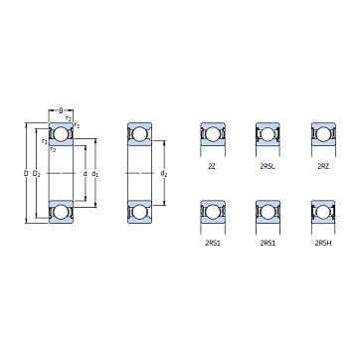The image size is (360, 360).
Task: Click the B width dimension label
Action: [61, 110]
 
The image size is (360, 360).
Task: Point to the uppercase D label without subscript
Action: [26, 173]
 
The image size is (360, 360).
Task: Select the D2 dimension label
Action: [37, 173]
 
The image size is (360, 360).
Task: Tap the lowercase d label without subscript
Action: [85, 173]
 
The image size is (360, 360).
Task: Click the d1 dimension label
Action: [94, 173]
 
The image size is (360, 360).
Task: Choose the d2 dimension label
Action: [164, 173]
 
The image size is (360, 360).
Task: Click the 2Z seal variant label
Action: [212, 167]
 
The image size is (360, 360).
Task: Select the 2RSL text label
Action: [268, 167]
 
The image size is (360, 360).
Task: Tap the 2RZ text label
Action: [323, 167]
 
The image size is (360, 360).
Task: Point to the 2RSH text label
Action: [323, 244]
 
